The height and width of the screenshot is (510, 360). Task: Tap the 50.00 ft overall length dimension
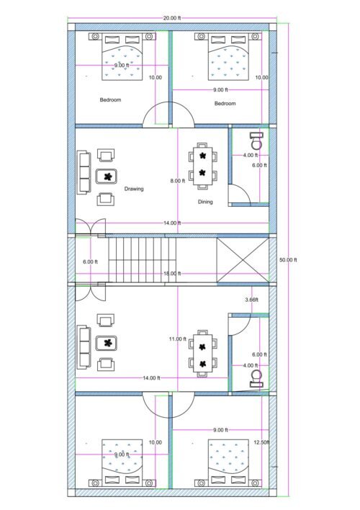point(288,260)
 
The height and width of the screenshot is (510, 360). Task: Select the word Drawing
point(133,189)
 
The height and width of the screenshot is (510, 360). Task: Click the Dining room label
point(205,202)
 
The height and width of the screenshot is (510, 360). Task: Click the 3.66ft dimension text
point(251,299)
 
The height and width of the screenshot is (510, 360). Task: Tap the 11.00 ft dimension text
point(178,339)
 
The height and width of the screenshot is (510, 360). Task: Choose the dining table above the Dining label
point(203,164)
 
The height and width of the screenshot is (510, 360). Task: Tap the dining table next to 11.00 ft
point(203,354)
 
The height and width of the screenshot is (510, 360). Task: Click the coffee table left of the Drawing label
point(108,176)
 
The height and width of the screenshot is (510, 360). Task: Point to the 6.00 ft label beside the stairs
point(90,261)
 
